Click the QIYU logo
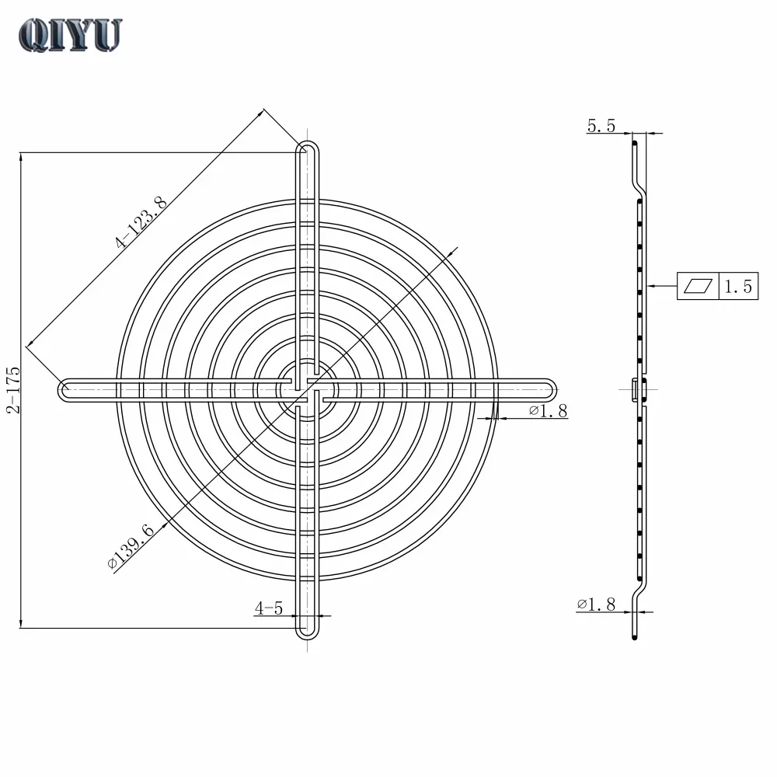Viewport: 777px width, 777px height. click(70, 35)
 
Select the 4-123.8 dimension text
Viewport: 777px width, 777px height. click(141, 222)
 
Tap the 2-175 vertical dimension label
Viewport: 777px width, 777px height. click(13, 390)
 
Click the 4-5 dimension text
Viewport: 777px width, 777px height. click(269, 608)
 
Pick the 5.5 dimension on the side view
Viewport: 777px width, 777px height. click(601, 126)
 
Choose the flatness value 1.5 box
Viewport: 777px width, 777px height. click(738, 286)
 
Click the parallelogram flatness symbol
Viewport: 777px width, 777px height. click(698, 286)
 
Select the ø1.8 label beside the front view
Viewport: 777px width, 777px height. click(548, 410)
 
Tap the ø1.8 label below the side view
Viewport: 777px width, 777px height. click(596, 604)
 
